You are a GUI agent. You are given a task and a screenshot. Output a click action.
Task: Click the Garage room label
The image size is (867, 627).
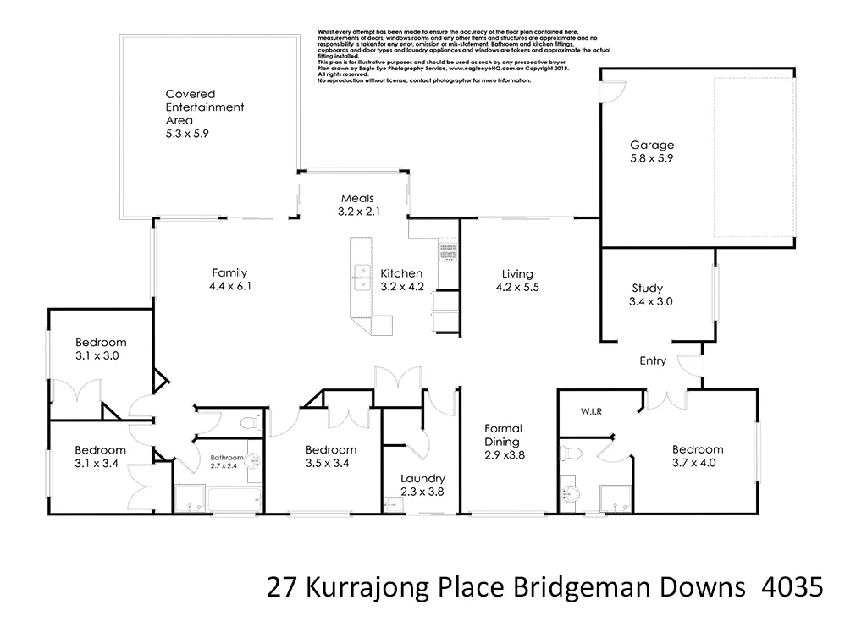(x=651, y=144)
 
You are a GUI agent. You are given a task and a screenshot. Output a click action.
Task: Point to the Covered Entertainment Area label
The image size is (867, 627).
(x=204, y=107)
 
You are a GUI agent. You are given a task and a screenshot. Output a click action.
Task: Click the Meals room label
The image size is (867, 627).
(x=357, y=198)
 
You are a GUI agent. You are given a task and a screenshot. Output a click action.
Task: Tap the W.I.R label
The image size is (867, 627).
(x=591, y=412)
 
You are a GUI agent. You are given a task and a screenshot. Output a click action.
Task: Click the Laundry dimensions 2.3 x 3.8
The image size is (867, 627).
(x=422, y=492)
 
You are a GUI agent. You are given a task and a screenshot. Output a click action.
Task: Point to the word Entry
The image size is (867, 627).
(x=652, y=361)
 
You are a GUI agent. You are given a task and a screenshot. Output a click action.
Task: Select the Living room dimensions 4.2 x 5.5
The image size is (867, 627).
(x=516, y=288)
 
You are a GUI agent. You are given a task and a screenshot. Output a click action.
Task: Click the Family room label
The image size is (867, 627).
(x=229, y=272)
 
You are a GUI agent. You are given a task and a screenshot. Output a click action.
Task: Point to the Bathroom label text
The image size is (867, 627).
(x=227, y=458)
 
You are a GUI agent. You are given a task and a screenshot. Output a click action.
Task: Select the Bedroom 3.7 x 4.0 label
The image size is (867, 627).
(x=698, y=449)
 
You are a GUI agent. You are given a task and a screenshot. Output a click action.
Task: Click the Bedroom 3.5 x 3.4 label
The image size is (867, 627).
(x=331, y=449)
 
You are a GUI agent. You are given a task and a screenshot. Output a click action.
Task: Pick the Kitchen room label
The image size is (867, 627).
(x=400, y=273)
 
